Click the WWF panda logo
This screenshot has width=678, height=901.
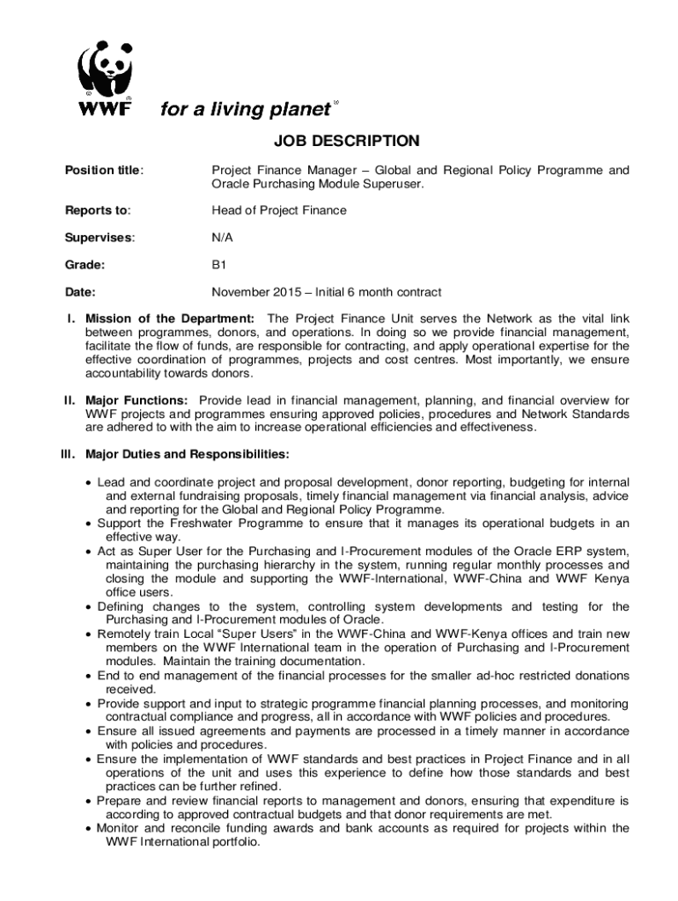tap(107, 78)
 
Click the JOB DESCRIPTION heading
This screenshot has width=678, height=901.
tap(339, 141)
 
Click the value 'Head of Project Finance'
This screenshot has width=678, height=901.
tap(279, 210)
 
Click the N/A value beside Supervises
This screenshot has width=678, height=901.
tap(222, 238)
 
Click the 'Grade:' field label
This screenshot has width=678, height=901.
tap(85, 264)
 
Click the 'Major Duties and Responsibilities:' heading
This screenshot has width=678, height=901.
tap(187, 455)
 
